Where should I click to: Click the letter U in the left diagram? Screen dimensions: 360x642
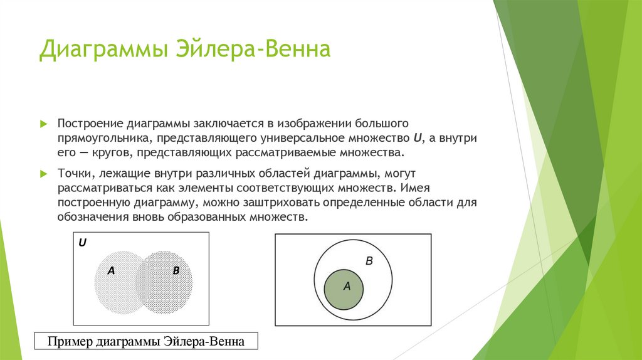[82, 241]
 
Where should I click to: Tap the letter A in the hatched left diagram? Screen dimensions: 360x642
[111, 271]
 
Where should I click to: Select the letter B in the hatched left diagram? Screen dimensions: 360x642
[176, 271]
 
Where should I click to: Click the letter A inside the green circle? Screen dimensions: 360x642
[345, 285]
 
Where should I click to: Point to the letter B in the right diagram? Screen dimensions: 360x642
[369, 260]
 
